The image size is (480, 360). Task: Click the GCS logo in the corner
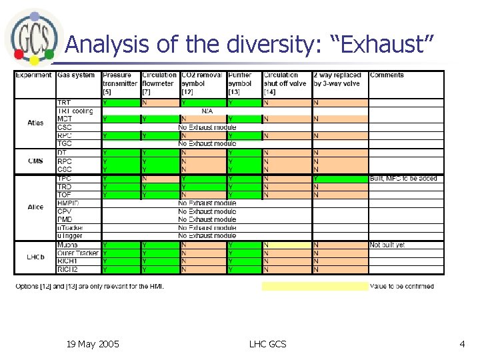click(x=31, y=36)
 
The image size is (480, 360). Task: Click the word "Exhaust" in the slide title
click(x=386, y=45)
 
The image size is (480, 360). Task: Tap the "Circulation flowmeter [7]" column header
click(x=159, y=83)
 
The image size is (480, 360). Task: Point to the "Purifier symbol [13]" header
click(x=243, y=83)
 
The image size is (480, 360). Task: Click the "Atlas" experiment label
click(x=35, y=123)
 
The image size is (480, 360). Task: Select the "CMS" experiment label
click(x=35, y=161)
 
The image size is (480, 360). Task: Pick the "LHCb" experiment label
click(x=35, y=257)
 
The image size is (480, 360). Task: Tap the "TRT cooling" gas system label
click(x=75, y=111)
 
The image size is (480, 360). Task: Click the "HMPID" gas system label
click(x=69, y=203)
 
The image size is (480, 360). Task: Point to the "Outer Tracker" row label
click(x=78, y=253)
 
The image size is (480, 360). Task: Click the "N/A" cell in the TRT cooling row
click(x=207, y=111)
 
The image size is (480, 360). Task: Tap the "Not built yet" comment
click(x=387, y=245)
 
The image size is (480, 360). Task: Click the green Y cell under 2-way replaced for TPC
click(x=339, y=179)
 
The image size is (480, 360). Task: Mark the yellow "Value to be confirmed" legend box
click(x=314, y=287)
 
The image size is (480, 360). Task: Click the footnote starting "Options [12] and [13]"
click(x=89, y=287)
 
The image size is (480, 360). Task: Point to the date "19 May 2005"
click(x=93, y=344)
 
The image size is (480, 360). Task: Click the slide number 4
click(x=462, y=344)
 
